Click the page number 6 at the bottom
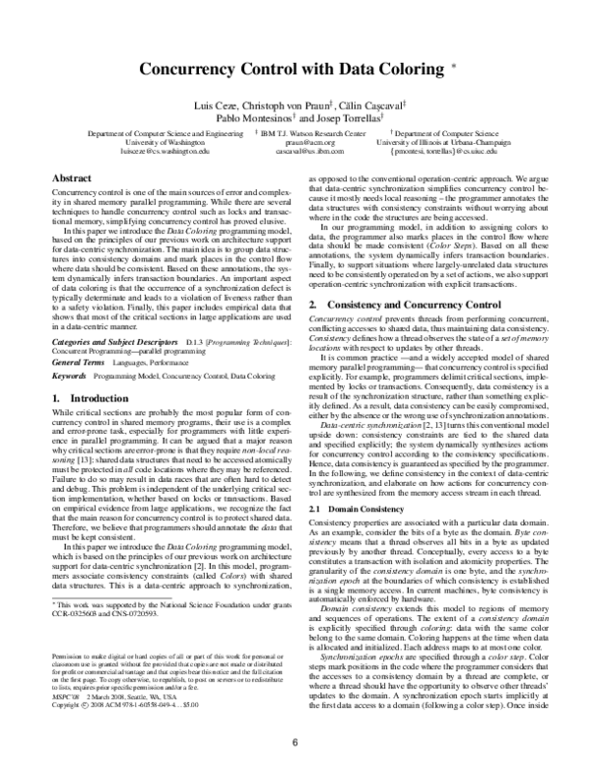tap(295, 743)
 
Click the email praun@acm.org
tap(302, 143)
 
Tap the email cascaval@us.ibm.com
tap(302, 153)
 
